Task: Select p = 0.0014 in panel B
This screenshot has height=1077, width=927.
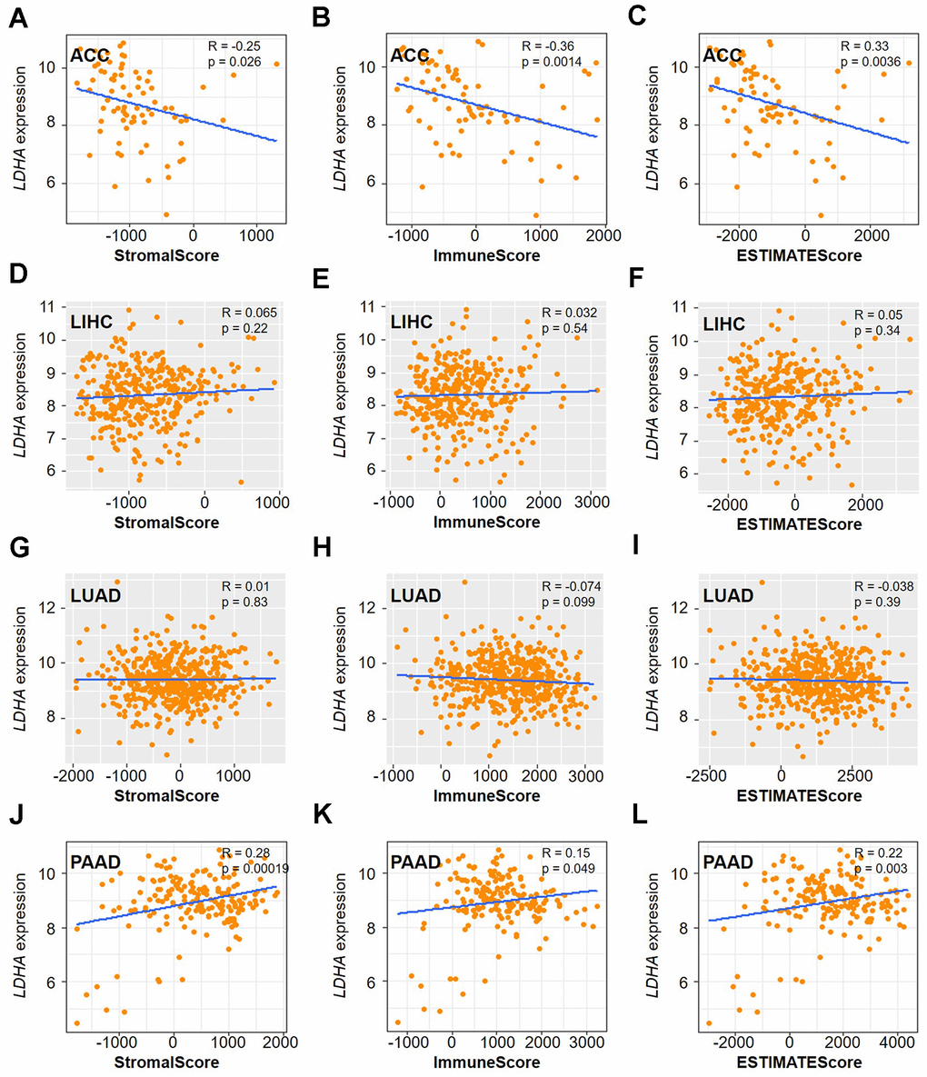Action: [554, 62]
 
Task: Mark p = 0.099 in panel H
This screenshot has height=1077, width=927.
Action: [560, 604]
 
